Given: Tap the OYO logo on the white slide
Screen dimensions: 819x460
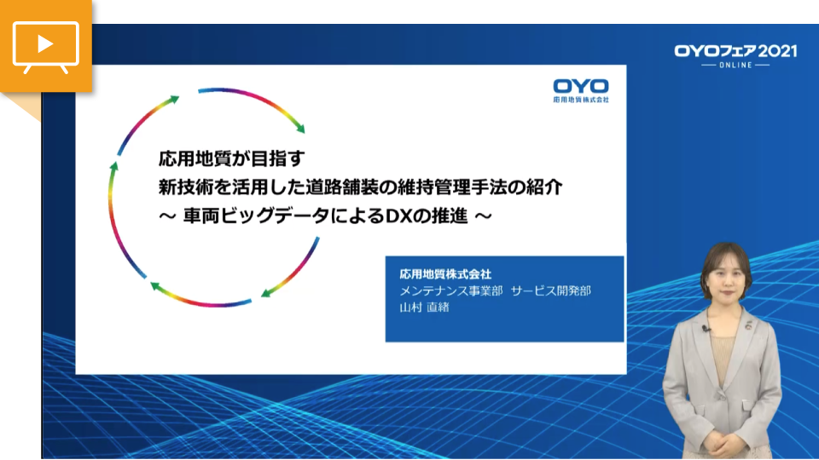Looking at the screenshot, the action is pyautogui.click(x=581, y=86).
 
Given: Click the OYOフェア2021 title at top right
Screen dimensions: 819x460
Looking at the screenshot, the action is pyautogui.click(x=735, y=51).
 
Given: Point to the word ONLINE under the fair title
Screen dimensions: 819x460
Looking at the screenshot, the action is pyautogui.click(x=735, y=66).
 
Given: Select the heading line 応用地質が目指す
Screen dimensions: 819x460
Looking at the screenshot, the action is pyautogui.click(x=231, y=158).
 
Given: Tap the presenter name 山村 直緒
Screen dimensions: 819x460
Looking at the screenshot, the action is pyautogui.click(x=424, y=308).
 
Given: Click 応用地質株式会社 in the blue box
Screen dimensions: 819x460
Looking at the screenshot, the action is pyautogui.click(x=445, y=273).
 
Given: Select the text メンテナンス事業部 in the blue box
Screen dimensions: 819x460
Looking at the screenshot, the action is pyautogui.click(x=450, y=290).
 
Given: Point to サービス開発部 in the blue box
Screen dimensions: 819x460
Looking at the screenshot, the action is pyautogui.click(x=551, y=290).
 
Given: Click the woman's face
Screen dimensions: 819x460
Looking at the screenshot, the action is pyautogui.click(x=726, y=277).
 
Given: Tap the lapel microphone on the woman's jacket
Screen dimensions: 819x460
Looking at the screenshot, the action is pyautogui.click(x=706, y=329).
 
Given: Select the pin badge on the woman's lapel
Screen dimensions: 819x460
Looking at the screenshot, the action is pyautogui.click(x=748, y=325).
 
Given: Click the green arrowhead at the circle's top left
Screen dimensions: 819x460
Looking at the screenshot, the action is pyautogui.click(x=173, y=100).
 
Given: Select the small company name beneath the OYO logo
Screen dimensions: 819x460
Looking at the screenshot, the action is pyautogui.click(x=581, y=99).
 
